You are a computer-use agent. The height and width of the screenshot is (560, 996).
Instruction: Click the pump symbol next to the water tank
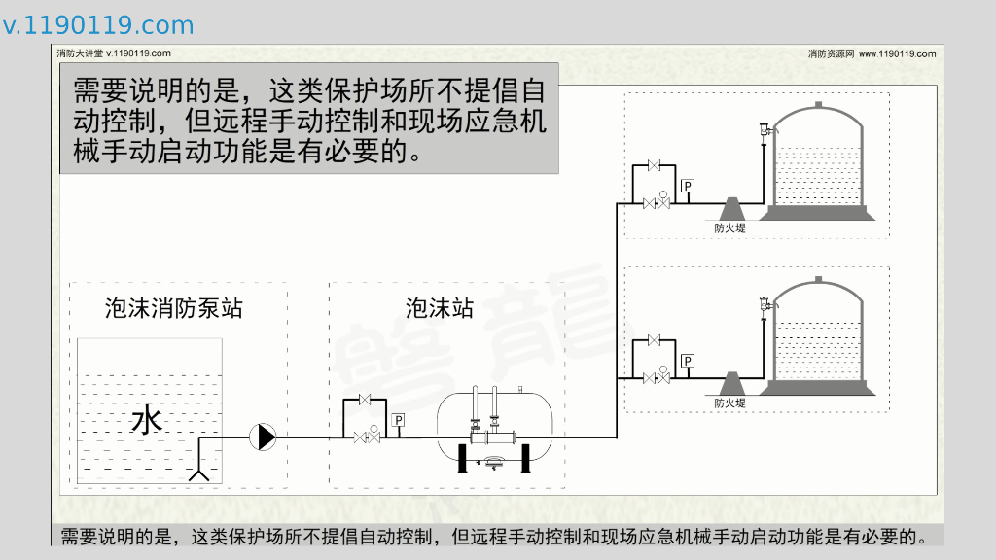click(x=263, y=437)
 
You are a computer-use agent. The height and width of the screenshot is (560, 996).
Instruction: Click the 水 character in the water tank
click(x=146, y=421)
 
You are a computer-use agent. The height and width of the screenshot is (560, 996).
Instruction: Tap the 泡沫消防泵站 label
click(x=174, y=309)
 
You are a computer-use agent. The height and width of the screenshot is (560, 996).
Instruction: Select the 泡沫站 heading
click(x=440, y=309)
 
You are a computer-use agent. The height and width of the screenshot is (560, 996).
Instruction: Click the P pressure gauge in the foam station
click(x=398, y=420)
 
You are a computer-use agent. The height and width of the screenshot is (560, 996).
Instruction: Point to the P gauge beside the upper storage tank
click(x=688, y=186)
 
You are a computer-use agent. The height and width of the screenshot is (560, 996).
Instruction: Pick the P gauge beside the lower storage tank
click(x=688, y=362)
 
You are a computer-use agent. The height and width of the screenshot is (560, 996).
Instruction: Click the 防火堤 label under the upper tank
click(x=729, y=228)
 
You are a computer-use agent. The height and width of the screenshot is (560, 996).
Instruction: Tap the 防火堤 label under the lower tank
click(x=729, y=403)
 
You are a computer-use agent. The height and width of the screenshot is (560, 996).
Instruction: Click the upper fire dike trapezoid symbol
click(x=730, y=208)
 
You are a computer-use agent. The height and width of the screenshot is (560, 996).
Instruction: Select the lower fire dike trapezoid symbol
click(x=730, y=383)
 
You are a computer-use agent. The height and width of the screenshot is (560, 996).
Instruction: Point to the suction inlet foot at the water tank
click(x=200, y=473)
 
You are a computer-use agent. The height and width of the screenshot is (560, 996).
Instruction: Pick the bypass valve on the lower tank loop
click(x=654, y=340)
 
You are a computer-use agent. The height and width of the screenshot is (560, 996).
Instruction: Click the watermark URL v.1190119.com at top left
click(x=98, y=25)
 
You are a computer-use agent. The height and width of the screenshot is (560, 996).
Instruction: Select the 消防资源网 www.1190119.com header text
click(x=871, y=53)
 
